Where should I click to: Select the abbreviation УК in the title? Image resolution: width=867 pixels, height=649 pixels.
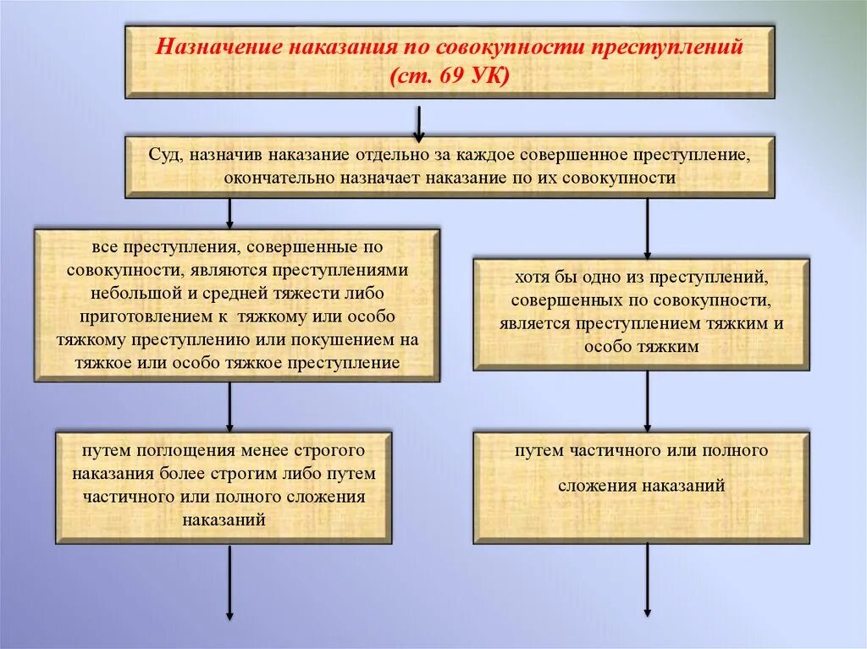487,76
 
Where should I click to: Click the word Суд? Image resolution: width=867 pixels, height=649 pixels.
165,156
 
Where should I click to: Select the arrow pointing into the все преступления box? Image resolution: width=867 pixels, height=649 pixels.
229,212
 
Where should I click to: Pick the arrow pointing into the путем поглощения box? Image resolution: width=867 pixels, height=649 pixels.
229,405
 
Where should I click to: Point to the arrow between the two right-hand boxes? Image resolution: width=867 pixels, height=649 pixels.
647,401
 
